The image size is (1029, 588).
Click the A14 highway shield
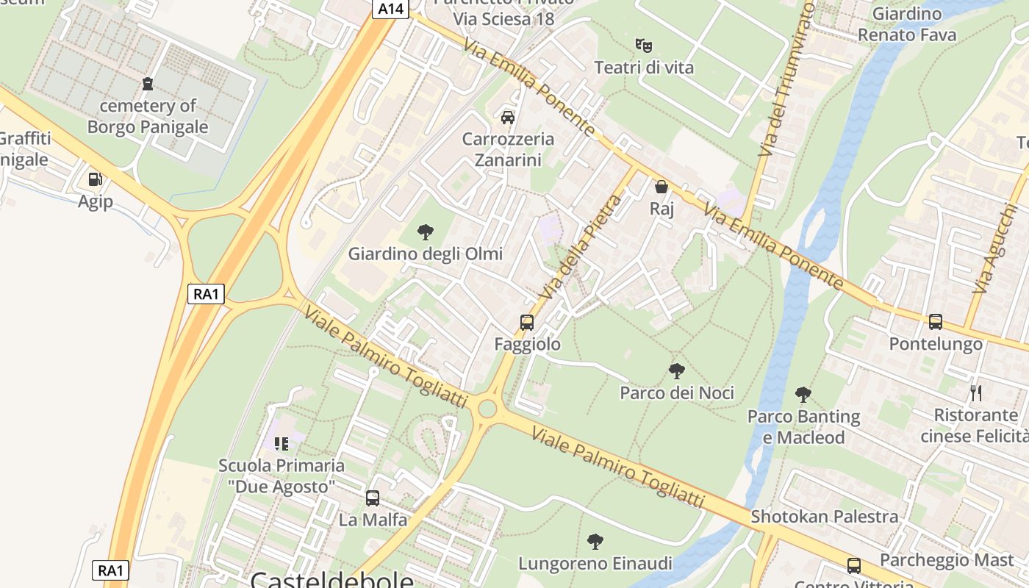coord(389,9)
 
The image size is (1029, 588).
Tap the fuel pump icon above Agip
coord(95,179)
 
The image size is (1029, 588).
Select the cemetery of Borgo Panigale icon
coord(148,84)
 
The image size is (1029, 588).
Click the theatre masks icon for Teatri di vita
coord(644,46)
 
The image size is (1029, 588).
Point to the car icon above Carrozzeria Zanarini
coord(507,117)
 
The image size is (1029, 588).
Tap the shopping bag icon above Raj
coord(661,187)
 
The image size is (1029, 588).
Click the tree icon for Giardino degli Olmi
coord(425,233)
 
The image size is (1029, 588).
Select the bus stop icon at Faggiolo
coord(527,322)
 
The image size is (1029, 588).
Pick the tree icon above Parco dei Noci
coord(677,371)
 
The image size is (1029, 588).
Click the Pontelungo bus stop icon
coord(935,321)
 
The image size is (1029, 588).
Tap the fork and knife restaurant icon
coord(976,393)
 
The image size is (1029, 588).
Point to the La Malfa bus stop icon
coord(373,498)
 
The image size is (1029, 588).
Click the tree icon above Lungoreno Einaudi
coord(595,542)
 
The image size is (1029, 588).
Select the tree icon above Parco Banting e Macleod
coord(803,395)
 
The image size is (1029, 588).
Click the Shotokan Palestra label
coord(824,517)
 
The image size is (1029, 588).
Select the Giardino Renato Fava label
coord(907,24)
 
